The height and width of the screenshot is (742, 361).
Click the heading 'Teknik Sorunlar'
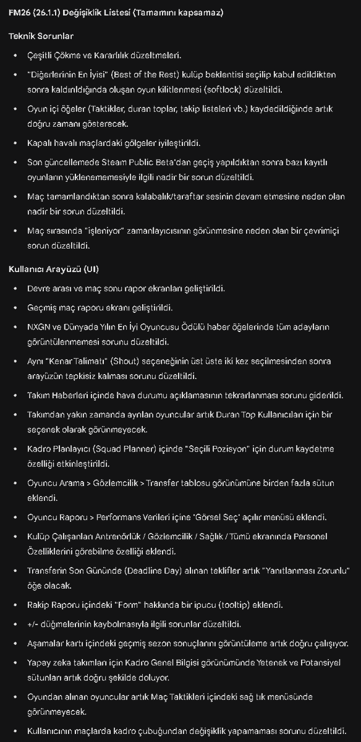click(41, 36)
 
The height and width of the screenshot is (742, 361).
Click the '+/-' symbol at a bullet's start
click(33, 624)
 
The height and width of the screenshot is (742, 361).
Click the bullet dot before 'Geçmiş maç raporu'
click(15, 308)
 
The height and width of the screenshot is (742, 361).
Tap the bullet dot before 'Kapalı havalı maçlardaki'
click(15, 143)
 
